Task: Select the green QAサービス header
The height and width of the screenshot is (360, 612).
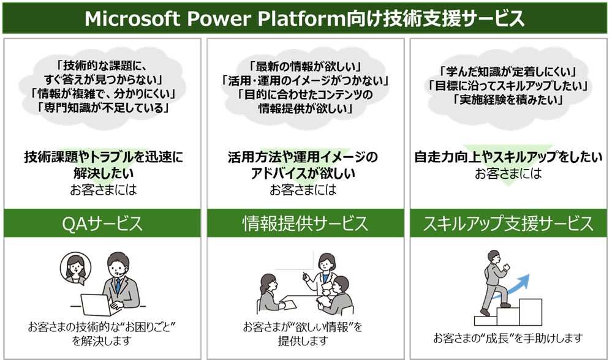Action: click(102, 223)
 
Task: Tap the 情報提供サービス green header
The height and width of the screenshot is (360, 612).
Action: click(305, 223)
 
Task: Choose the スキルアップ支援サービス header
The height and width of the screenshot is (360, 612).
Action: click(508, 223)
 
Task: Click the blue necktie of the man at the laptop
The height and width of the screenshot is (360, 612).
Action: click(118, 285)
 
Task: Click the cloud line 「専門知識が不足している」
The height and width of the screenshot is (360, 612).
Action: click(102, 108)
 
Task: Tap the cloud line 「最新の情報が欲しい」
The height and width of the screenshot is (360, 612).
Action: click(305, 66)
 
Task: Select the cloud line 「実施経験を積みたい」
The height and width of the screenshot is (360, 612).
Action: click(508, 99)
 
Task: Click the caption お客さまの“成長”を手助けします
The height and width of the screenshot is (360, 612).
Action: click(508, 338)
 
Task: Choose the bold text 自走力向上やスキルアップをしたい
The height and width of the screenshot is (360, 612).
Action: click(508, 157)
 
